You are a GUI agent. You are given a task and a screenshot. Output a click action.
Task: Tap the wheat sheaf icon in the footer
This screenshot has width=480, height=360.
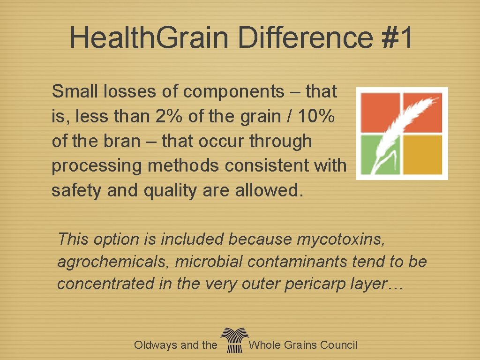tap(233, 340)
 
